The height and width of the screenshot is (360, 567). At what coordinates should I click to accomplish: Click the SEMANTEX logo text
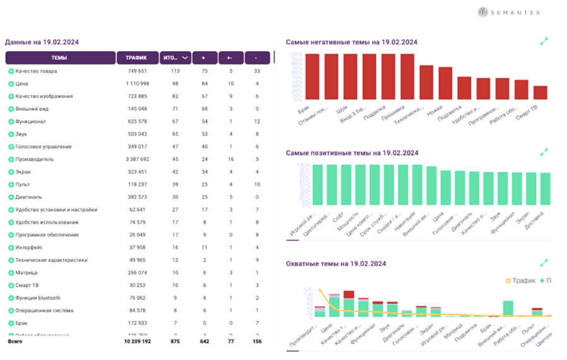pyautogui.click(x=517, y=13)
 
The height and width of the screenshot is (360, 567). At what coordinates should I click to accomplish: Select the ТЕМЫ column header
pyautogui.click(x=59, y=58)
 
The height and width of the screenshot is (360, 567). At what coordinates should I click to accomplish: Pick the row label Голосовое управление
pyautogui.click(x=44, y=147)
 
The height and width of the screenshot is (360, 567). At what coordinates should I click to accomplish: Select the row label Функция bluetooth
pyautogui.click(x=38, y=298)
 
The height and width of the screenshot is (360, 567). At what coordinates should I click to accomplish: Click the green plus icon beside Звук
pyautogui.click(x=11, y=134)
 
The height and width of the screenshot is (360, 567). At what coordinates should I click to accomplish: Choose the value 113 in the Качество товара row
pyautogui.click(x=176, y=71)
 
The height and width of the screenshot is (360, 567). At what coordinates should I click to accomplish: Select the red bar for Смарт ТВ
pyautogui.click(x=540, y=93)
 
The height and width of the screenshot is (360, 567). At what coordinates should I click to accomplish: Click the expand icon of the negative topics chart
pyautogui.click(x=544, y=42)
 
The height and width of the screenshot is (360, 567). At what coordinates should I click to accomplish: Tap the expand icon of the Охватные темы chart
pyautogui.click(x=544, y=262)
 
